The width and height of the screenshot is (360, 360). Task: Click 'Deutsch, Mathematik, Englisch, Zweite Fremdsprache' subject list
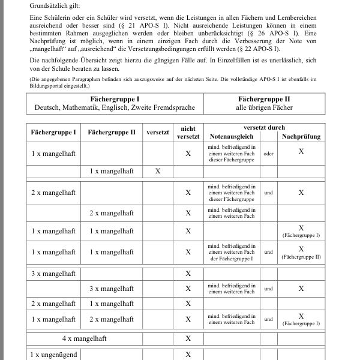click(x=115, y=107)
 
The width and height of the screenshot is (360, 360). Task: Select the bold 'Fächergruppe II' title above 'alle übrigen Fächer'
click(x=264, y=98)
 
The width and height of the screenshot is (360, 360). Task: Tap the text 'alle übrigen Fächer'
click(x=264, y=107)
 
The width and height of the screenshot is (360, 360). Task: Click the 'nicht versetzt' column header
click(x=188, y=133)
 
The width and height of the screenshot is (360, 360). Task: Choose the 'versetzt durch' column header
click(x=264, y=128)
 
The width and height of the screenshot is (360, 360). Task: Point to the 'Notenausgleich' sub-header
click(x=232, y=137)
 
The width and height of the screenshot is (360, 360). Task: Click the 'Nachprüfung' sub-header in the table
click(x=301, y=137)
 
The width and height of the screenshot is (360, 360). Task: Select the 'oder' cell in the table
click(x=268, y=154)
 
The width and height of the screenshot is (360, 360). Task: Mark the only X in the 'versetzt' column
click(x=158, y=171)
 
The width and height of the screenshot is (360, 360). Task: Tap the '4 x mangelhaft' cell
click(x=84, y=338)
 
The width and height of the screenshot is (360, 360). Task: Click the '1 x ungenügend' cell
click(x=54, y=355)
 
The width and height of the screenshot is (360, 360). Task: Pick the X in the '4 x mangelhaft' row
click(x=188, y=338)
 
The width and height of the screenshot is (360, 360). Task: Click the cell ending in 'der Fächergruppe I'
click(x=232, y=252)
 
